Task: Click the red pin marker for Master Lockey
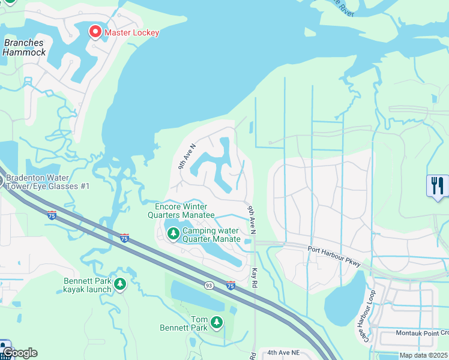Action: point(95,31)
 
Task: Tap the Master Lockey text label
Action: point(131,32)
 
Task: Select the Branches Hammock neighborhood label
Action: point(23,47)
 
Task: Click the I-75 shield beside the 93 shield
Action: point(231,285)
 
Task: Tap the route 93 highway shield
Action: point(208,285)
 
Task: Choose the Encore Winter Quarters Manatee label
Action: point(181,211)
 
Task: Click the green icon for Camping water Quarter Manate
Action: point(173,233)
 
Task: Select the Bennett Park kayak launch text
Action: point(88,285)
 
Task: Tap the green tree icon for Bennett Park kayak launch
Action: point(120,283)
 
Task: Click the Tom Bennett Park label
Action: point(191,323)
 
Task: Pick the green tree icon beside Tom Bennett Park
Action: point(217,323)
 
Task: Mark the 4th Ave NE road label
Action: point(284,353)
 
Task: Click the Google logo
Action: point(20,353)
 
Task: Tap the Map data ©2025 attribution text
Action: point(424,355)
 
